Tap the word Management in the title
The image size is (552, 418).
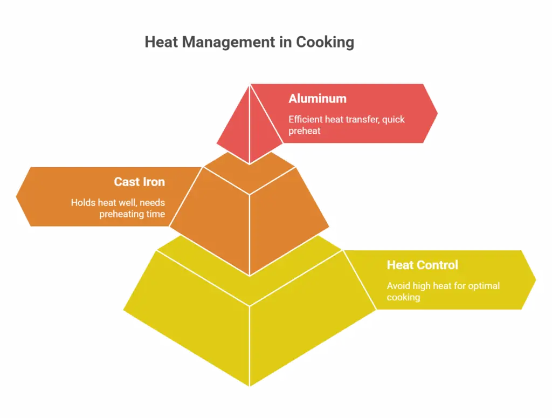tap(229, 42)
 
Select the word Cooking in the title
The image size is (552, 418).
tap(325, 42)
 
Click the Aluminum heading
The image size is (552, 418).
tap(318, 99)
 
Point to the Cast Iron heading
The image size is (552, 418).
tap(140, 182)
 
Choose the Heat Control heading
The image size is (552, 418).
tap(423, 265)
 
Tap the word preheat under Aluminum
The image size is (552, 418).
tap(305, 131)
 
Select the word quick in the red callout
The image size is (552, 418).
tap(394, 120)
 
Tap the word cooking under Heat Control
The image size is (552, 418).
tap(403, 297)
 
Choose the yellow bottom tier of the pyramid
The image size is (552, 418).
tap(250, 317)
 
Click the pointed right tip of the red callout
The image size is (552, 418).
tap(438, 113)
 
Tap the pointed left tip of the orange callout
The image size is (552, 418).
tap(16, 196)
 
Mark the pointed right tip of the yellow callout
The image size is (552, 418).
tap(536, 280)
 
